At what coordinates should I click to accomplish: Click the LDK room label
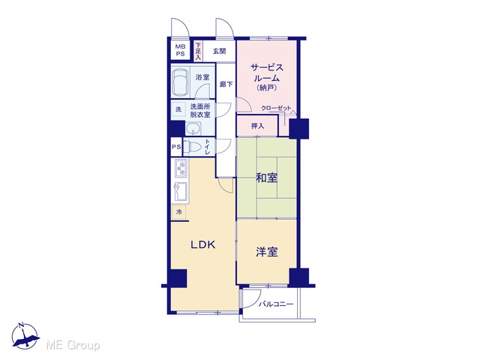(203, 244)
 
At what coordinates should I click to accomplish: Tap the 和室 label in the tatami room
(267, 178)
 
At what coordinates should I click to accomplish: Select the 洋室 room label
(267, 252)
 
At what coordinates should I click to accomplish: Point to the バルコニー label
(276, 304)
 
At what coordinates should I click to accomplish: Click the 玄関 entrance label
(219, 51)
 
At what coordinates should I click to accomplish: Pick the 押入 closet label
(257, 126)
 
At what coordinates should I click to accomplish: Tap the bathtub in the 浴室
(180, 82)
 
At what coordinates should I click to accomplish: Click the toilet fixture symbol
(191, 147)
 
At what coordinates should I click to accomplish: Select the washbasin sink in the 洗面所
(193, 128)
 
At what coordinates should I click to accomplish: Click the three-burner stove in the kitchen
(181, 168)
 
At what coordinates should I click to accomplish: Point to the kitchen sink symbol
(180, 192)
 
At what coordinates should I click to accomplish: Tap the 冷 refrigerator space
(179, 211)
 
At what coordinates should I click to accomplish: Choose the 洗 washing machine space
(178, 109)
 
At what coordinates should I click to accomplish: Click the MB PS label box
(180, 50)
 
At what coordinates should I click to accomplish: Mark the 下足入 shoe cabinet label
(198, 51)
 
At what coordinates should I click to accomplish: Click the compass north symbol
(25, 336)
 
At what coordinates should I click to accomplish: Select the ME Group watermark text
(73, 345)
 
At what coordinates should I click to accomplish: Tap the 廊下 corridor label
(226, 84)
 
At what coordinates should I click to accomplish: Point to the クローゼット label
(276, 108)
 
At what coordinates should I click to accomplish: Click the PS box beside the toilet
(176, 147)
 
